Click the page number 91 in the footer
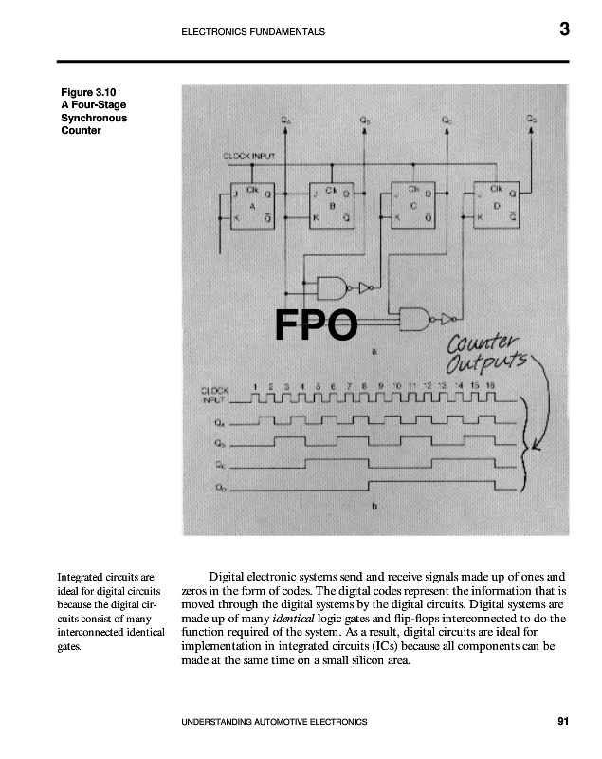(x=563, y=723)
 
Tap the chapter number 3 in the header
(x=564, y=29)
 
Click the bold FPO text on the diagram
(x=315, y=325)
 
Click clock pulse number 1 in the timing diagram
(x=256, y=385)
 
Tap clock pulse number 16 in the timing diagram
(x=490, y=385)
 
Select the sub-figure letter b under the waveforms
(x=374, y=507)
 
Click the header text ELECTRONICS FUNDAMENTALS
(x=252, y=32)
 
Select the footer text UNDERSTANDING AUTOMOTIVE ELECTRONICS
(x=273, y=723)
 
